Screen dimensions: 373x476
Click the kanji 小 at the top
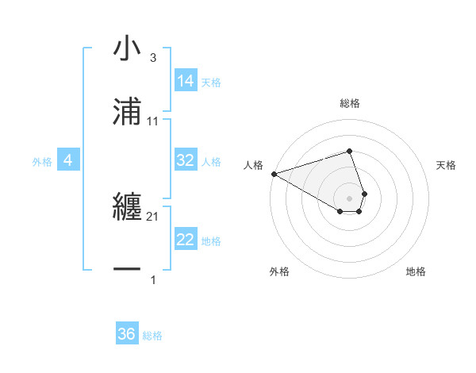pyautogui.click(x=127, y=50)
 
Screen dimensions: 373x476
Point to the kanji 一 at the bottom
pyautogui.click(x=127, y=270)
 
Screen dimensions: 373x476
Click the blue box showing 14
pyautogui.click(x=186, y=80)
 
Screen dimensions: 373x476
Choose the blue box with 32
pyautogui.click(x=186, y=160)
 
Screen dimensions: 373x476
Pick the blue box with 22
pyautogui.click(x=186, y=240)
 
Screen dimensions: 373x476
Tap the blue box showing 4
pyautogui.click(x=68, y=160)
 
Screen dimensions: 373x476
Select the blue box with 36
pyautogui.click(x=127, y=334)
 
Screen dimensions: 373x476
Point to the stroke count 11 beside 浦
pyautogui.click(x=153, y=121)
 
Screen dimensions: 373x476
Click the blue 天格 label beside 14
pyautogui.click(x=211, y=82)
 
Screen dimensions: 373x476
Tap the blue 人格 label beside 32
pyautogui.click(x=211, y=161)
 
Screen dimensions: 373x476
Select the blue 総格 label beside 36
pyautogui.click(x=152, y=336)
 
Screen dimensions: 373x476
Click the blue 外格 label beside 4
pyautogui.click(x=42, y=161)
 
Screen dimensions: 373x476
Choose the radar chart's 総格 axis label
pyautogui.click(x=350, y=103)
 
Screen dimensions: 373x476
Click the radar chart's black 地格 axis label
pyautogui.click(x=416, y=271)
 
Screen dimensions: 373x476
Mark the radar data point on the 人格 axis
pyautogui.click(x=274, y=173)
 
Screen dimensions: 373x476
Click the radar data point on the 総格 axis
pyautogui.click(x=350, y=151)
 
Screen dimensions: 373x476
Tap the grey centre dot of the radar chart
pyautogui.click(x=350, y=198)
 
